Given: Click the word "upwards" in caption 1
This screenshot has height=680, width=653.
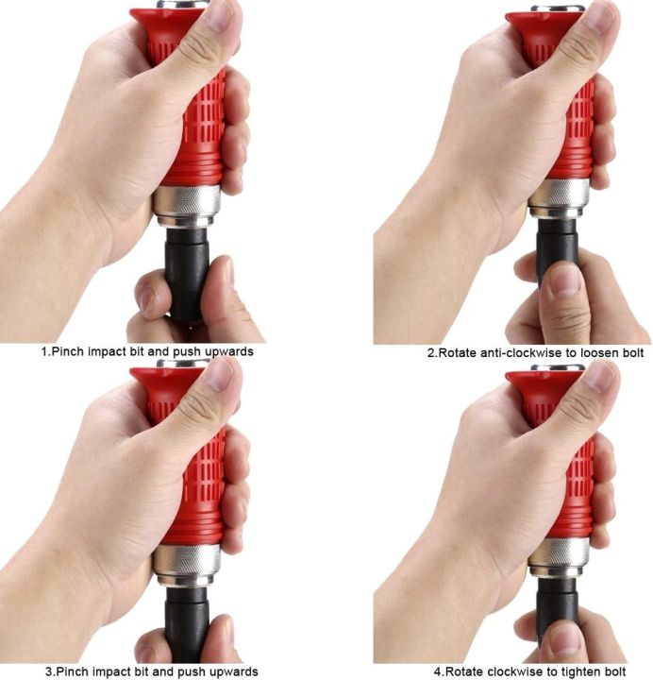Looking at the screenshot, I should tap(227, 351).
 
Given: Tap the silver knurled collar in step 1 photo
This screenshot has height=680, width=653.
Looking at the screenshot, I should tap(186, 204).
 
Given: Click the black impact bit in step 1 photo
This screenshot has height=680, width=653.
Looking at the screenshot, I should tap(187, 269).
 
